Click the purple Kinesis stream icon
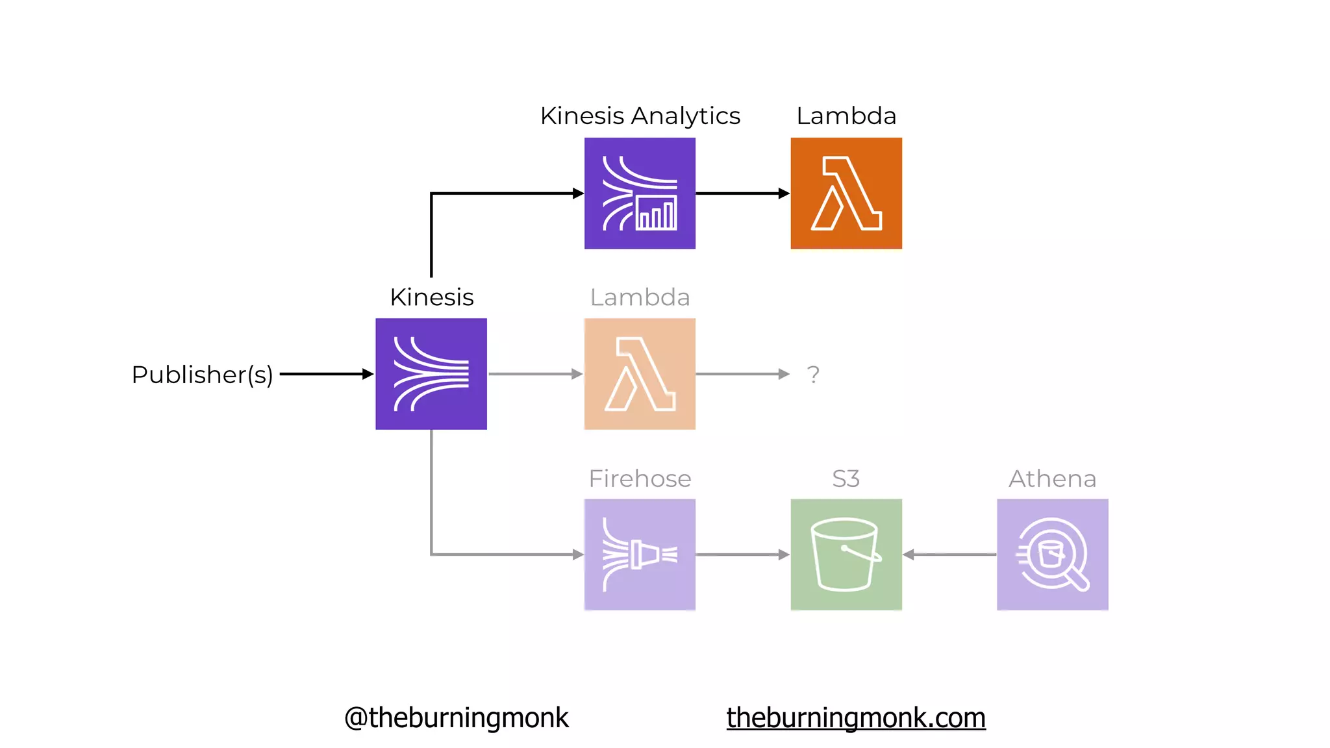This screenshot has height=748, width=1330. coord(431,374)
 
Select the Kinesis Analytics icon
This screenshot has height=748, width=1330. coord(640,193)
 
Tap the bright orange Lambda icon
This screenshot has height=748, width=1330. coord(846,193)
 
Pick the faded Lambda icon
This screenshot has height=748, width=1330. coord(640,374)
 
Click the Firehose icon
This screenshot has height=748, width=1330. coord(640,555)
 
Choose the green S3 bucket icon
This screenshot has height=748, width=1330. coord(846,555)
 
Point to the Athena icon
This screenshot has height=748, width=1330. coord(1053,555)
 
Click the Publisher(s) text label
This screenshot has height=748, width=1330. coord(202,375)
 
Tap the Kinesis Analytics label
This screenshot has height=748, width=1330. coord(640,116)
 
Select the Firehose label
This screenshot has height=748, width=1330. coord(640,479)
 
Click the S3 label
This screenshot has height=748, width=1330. coord(846,479)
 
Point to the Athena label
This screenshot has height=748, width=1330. coord(1052,479)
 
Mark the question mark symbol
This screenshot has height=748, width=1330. coord(813,375)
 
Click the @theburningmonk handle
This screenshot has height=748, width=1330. coord(456,717)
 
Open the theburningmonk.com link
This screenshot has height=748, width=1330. coord(856,717)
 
